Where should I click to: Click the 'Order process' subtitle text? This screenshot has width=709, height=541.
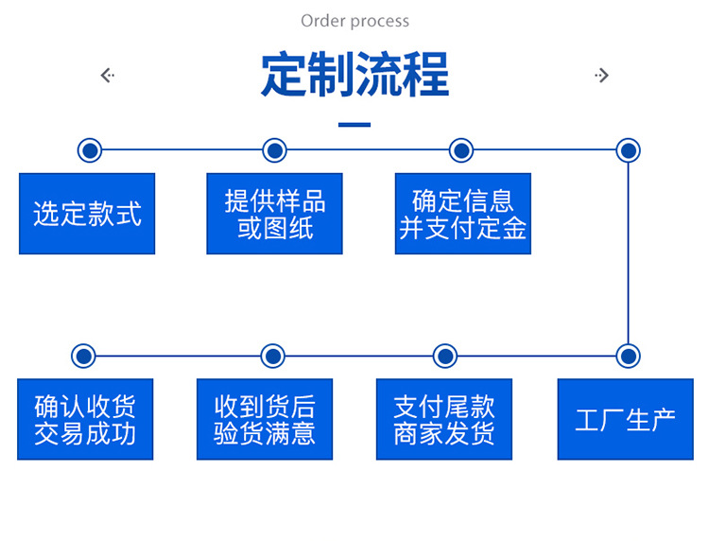pos(354,21)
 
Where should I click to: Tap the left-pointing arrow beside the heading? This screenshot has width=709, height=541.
pos(107,75)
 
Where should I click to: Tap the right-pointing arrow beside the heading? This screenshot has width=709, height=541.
pos(602,75)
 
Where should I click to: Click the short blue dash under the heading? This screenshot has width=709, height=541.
pos(354,124)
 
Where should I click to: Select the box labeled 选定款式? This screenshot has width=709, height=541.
pos(87,214)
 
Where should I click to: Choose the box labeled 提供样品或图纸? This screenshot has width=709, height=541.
pos(274,214)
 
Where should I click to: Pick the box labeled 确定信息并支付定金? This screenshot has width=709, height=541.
pos(462,214)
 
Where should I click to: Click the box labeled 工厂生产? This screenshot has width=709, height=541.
pos(625,419)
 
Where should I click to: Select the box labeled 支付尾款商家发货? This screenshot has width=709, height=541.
pos(444,419)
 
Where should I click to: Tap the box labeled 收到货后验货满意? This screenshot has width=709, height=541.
pos(265,419)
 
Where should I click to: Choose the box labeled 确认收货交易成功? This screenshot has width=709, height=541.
pos(85,419)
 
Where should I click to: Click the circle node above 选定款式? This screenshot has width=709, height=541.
pos(89,149)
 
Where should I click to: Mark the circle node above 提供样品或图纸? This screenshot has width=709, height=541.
pos(274,149)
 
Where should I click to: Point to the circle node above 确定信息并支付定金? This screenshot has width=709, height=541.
pos(461,149)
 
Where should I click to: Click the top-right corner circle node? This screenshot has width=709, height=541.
pos(629,149)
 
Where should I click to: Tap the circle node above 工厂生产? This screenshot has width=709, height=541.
pos(629,356)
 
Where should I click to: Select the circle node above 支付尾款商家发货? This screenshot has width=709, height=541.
pos(445,356)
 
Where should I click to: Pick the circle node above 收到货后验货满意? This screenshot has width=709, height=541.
pos(272,356)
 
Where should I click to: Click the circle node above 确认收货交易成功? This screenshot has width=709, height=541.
pos(83,356)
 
